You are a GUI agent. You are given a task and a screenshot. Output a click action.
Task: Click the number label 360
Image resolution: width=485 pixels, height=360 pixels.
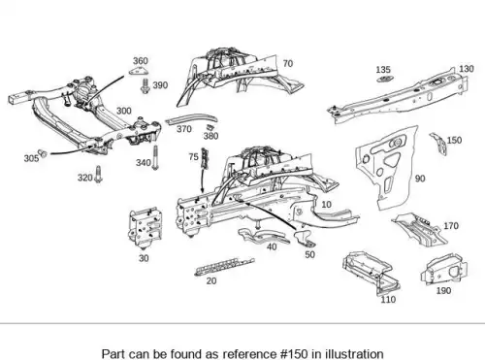click(141, 61)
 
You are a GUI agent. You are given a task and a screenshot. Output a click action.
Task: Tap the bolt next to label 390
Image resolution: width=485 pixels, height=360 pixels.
click(145, 85)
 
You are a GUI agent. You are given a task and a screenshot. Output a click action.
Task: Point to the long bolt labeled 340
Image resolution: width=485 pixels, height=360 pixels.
click(155, 158)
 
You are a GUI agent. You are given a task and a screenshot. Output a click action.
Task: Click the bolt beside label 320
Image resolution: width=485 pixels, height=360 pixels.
click(99, 175)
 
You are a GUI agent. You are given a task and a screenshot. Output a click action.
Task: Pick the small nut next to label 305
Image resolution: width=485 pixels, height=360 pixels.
click(43, 153)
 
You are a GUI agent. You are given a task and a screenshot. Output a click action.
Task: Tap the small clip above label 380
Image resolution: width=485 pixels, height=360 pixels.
click(210, 127)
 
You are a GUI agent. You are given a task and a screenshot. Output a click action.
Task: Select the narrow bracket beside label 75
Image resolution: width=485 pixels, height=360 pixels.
click(205, 158)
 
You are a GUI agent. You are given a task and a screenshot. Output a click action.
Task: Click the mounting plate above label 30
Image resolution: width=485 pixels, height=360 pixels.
click(145, 227)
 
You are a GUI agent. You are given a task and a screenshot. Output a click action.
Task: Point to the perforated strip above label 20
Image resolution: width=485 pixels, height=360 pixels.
click(224, 266)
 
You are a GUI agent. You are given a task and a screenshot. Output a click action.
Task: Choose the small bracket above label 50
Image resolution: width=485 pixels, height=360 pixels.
click(305, 239)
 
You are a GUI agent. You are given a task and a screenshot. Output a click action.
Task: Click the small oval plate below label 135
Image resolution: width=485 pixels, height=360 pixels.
click(385, 79)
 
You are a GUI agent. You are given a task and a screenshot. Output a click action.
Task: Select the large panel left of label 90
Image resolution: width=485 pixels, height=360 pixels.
click(386, 167)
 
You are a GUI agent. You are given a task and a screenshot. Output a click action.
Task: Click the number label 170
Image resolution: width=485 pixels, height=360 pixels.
click(451, 225)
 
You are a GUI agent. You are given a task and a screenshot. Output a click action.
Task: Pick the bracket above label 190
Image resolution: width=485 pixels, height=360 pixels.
click(443, 269)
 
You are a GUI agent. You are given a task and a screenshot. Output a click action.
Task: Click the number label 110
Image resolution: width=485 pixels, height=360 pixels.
click(388, 300)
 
